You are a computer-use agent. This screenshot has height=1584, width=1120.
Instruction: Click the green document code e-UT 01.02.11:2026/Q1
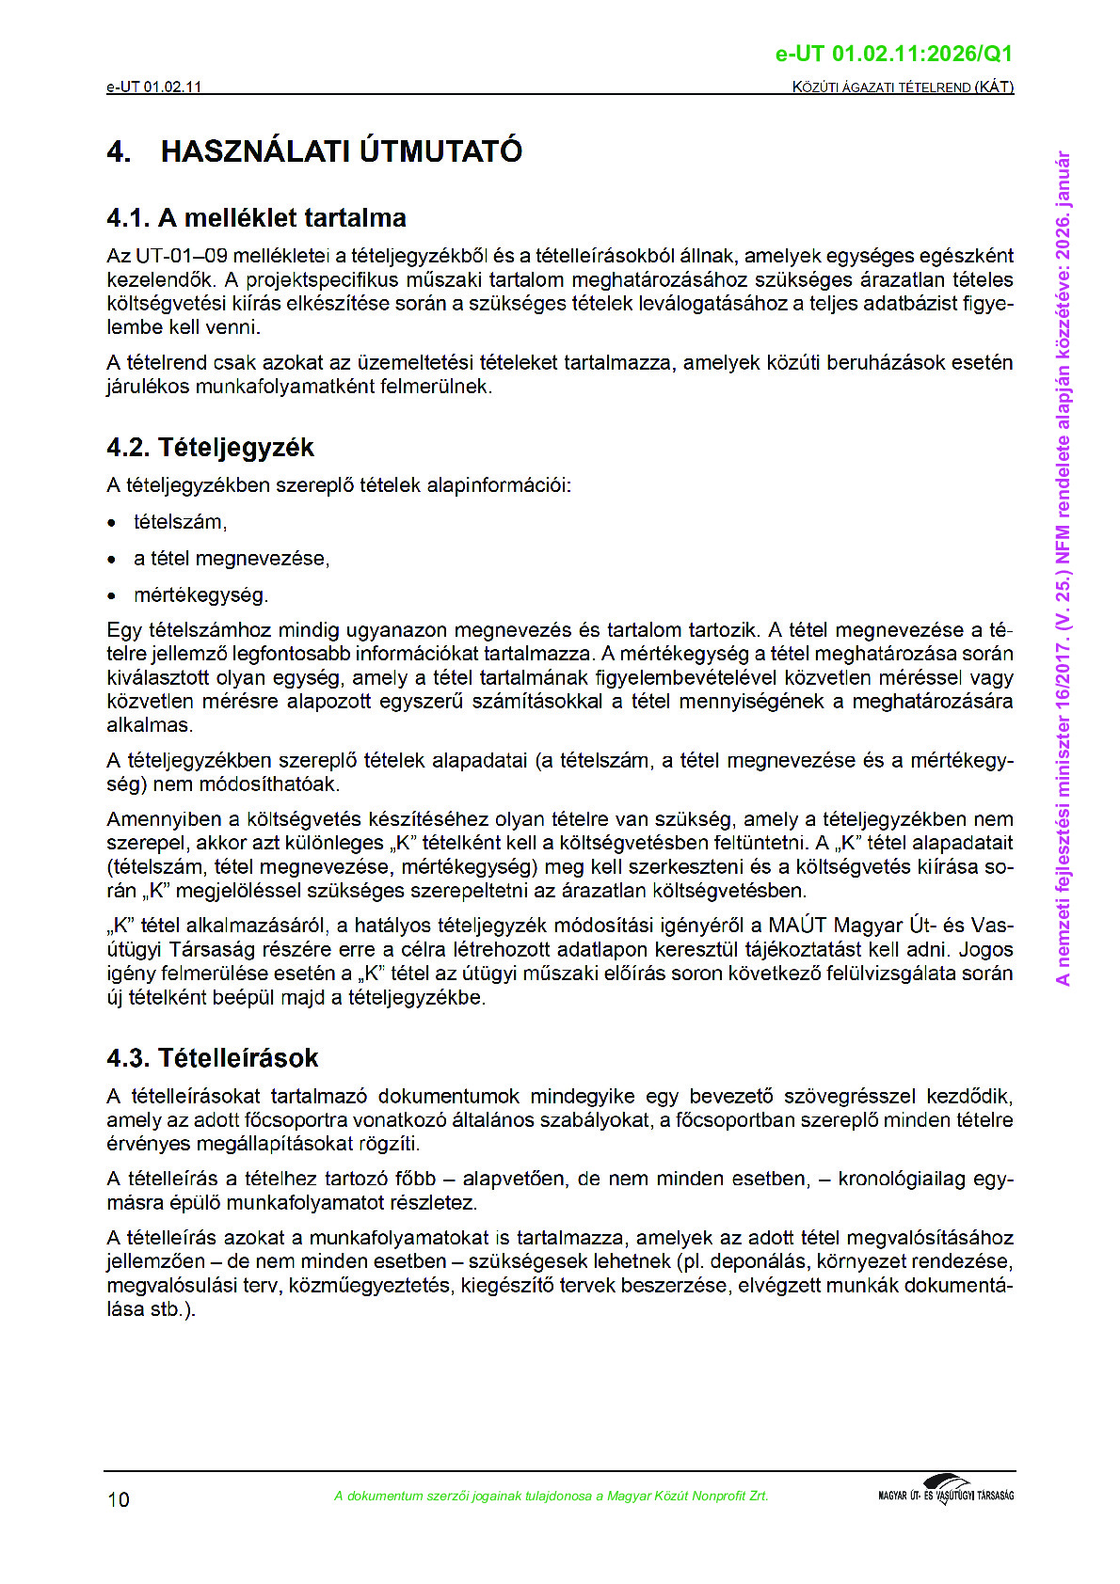point(893,55)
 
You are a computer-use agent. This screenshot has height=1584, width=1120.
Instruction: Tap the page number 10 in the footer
point(119,1499)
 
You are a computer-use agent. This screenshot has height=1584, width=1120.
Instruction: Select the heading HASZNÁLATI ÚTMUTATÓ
point(342,151)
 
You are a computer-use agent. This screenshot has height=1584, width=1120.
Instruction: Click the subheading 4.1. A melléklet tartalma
point(256,218)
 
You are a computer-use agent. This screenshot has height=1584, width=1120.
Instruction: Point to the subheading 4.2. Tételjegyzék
point(210,448)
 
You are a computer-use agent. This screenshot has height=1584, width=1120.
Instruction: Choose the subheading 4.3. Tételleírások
point(213,1058)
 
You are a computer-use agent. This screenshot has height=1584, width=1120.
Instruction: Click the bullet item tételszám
point(180,522)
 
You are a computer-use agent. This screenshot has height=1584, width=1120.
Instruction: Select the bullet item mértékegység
point(200,595)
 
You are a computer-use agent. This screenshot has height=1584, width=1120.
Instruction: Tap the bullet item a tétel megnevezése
point(232,559)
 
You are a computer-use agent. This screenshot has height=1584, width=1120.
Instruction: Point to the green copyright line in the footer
point(551,1497)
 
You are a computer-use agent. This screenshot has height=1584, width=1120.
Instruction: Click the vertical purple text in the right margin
point(1063,568)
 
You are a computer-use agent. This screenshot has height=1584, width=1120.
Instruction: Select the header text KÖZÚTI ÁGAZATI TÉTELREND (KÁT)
point(903,87)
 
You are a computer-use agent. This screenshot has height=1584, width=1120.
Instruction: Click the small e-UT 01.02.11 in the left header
point(154,87)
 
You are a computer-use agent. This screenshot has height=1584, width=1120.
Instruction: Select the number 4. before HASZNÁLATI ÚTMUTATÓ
point(119,151)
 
